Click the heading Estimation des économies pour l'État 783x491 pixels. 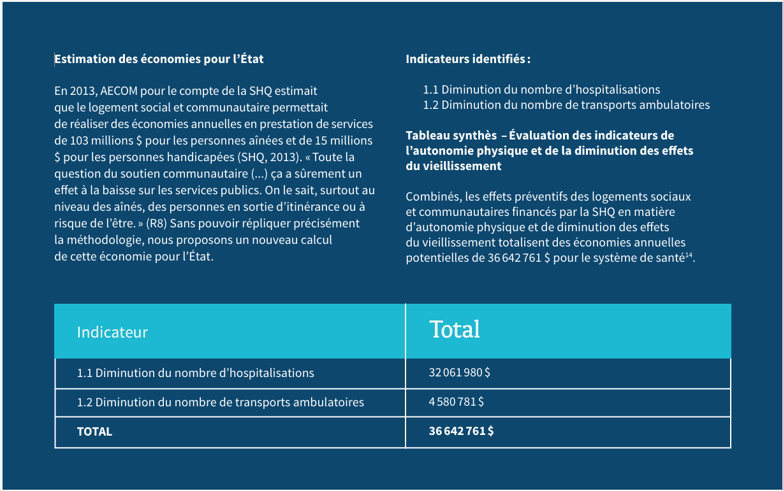(x=159, y=59)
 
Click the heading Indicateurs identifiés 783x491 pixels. (x=467, y=59)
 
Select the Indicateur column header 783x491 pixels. (x=112, y=332)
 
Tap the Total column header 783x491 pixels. (x=455, y=329)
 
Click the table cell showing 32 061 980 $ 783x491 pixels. (x=459, y=373)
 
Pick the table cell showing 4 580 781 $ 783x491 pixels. (x=456, y=402)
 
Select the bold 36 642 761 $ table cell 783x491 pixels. (x=461, y=431)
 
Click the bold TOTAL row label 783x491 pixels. (x=94, y=431)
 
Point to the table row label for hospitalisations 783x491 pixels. (x=195, y=373)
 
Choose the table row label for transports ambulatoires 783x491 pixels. (x=220, y=402)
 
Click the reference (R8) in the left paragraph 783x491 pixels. (x=157, y=224)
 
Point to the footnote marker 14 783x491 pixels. (x=689, y=255)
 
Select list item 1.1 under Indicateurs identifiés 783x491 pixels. (x=541, y=90)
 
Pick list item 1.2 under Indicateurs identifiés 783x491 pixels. (x=566, y=105)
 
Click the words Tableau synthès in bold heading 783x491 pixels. (x=451, y=136)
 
